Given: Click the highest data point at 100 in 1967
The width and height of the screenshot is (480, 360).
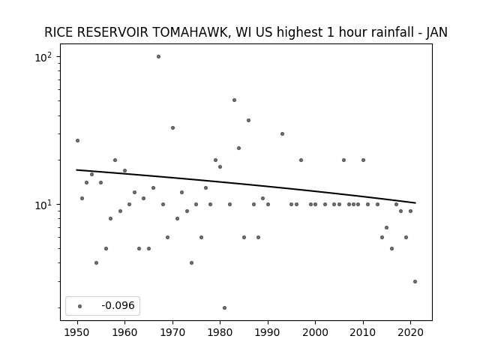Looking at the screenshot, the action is click(158, 57).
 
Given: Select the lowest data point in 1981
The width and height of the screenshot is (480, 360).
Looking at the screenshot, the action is click(225, 308).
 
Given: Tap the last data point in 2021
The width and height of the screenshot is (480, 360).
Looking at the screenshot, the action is click(415, 282).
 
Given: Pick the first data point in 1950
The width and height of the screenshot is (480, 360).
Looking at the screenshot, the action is click(77, 140).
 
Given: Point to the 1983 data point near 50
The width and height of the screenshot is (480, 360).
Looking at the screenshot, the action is click(234, 100).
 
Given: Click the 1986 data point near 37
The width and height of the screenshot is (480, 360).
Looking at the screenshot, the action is click(248, 120).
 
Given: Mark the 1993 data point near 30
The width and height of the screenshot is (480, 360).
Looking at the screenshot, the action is click(282, 133).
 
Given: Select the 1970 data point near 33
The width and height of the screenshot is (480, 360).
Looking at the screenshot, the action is click(172, 128).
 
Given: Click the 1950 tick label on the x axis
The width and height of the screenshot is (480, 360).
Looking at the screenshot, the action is click(77, 332).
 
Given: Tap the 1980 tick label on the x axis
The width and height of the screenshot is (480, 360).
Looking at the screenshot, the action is click(220, 332).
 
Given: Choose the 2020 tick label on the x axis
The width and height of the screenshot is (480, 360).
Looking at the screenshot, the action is click(410, 332).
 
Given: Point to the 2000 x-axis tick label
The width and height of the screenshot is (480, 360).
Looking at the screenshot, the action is click(315, 332).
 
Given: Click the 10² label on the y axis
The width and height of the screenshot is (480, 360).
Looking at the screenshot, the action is click(43, 57).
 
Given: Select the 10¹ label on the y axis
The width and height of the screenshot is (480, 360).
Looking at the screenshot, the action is click(43, 205).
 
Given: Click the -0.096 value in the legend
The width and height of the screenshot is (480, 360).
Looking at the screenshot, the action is click(118, 305).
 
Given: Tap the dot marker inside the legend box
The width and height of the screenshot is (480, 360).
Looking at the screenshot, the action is click(80, 306).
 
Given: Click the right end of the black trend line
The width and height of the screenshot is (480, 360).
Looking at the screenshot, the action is click(415, 202).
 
